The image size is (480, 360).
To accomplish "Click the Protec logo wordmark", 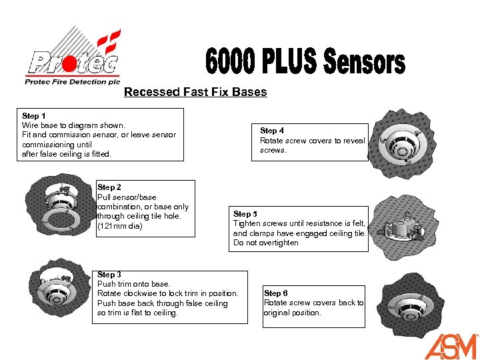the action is [x=72, y=64].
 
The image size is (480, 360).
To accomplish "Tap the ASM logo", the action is [x=451, y=345].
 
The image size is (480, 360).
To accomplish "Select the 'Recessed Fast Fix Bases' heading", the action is [x=195, y=92].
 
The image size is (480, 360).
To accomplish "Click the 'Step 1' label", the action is [x=34, y=116].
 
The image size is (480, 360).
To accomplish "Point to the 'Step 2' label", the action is [x=109, y=187].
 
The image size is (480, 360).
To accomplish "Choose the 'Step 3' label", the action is [x=109, y=275].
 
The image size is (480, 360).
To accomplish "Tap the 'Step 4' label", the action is [x=272, y=131].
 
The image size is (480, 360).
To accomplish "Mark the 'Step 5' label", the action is [x=245, y=214].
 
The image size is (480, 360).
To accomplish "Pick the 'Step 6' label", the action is [x=276, y=293].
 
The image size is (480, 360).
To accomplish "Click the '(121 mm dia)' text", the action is [x=120, y=226].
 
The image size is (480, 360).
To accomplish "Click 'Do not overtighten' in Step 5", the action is [x=265, y=243].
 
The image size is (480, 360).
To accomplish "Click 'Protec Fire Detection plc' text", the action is [x=72, y=82].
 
